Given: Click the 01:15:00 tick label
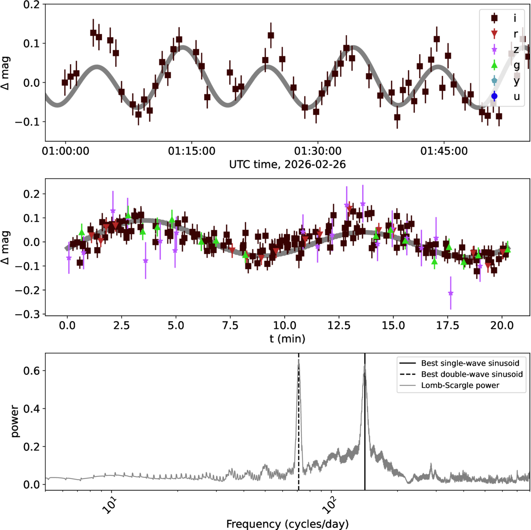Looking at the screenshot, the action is (x=191, y=151).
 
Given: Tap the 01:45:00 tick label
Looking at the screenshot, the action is (x=444, y=151).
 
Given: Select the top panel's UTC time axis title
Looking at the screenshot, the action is (x=287, y=164).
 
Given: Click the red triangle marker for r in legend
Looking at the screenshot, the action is (x=494, y=34).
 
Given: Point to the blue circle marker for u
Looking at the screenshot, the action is (x=494, y=96).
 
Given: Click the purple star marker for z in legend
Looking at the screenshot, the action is (x=494, y=50).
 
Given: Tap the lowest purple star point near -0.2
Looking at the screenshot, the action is (x=450, y=293).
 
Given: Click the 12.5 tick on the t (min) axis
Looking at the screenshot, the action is (x=339, y=326).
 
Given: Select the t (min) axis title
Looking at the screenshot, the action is (x=287, y=339).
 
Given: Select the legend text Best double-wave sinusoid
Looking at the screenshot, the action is (x=472, y=374).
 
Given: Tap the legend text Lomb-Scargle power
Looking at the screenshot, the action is (x=460, y=385).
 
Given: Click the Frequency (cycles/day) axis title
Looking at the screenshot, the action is (x=287, y=524).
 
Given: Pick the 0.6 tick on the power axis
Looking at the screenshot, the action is (x=32, y=371).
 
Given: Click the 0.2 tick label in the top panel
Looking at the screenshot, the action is (x=32, y=5).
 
